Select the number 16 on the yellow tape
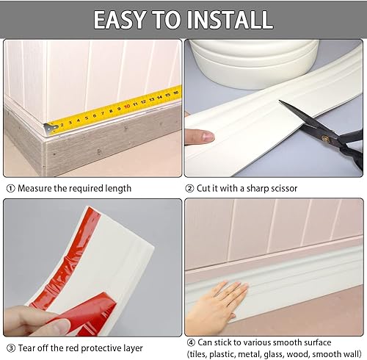click(175, 93)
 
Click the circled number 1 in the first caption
click(9, 188)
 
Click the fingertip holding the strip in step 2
click(200, 136)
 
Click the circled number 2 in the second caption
click(190, 188)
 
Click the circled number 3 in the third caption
click(9, 348)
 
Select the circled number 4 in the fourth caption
click(190, 342)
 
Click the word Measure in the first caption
click(33, 188)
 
